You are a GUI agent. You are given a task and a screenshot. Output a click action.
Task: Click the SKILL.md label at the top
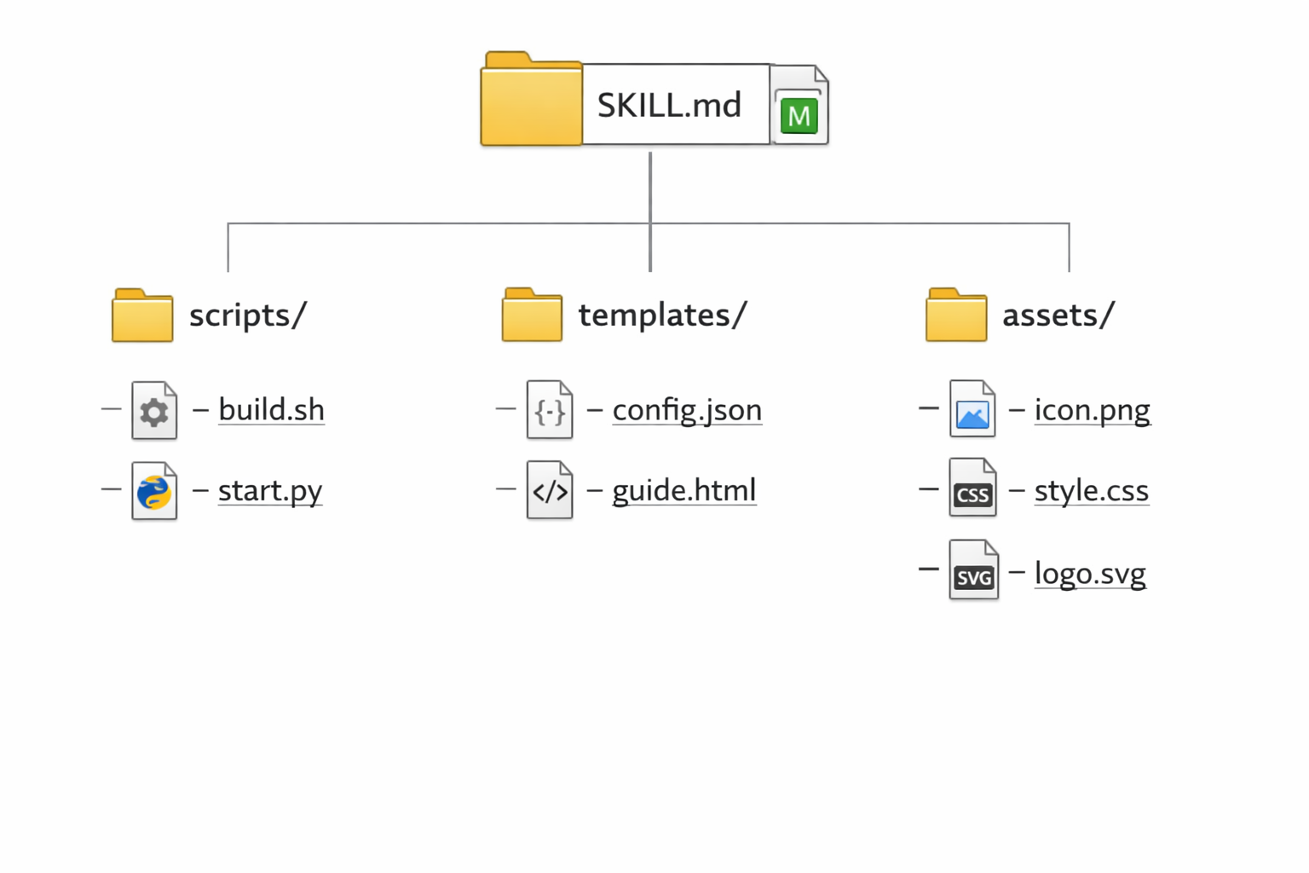tap(669, 105)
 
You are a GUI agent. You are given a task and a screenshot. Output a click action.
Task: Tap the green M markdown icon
tap(799, 115)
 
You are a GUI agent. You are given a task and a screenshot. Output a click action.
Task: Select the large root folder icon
tap(531, 101)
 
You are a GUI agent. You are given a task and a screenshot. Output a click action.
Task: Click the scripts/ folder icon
tap(142, 315)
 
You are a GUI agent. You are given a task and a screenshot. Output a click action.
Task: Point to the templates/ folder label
tap(662, 315)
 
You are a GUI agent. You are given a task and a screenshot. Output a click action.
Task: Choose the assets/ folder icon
tap(956, 315)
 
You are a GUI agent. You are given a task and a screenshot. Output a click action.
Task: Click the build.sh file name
tap(271, 410)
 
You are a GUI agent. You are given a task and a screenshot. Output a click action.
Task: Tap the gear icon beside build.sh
tap(154, 412)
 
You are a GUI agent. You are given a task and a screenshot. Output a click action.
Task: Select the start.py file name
tap(270, 491)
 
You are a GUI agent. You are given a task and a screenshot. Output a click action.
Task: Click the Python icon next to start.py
tap(154, 492)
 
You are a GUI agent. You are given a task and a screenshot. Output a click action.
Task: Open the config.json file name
tap(687, 410)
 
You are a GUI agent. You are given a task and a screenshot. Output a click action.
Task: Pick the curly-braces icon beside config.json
tap(550, 411)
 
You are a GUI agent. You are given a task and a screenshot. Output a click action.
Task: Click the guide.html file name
tap(684, 491)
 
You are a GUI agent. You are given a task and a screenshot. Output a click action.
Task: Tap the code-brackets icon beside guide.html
tap(550, 491)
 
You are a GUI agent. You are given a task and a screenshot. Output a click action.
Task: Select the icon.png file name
tap(1092, 410)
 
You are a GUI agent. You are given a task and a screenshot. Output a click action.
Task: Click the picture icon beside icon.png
tap(972, 411)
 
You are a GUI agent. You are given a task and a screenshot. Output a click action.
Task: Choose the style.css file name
tap(1091, 491)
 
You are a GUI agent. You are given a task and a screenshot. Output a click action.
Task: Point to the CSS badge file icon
tap(972, 489)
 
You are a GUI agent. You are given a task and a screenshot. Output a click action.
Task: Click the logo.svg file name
tap(1090, 573)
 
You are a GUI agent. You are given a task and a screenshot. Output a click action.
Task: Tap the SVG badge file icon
tap(973, 571)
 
